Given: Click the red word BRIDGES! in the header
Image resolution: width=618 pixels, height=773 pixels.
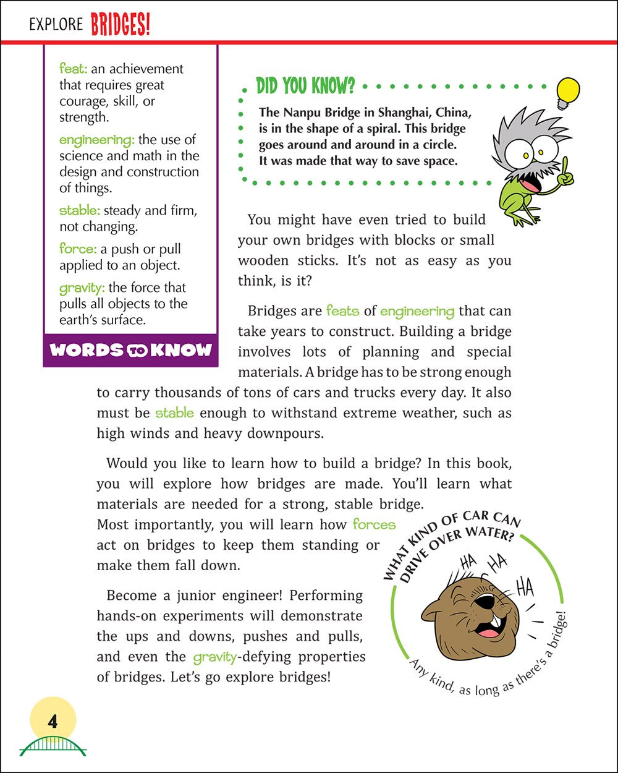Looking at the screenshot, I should [x=121, y=25].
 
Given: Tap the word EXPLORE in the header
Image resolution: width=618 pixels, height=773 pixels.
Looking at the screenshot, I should [x=56, y=25].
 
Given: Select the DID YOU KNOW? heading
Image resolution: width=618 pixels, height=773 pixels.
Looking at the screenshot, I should [x=305, y=87].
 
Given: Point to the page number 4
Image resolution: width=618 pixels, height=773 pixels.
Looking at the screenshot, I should [x=53, y=722].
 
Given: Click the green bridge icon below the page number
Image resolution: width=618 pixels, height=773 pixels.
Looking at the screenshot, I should [x=53, y=745].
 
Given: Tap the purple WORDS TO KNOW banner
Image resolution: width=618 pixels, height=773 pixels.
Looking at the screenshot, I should [x=130, y=350].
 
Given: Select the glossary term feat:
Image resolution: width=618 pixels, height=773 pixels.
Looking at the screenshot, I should [x=74, y=69].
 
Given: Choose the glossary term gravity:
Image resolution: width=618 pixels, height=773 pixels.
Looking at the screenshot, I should [x=82, y=288].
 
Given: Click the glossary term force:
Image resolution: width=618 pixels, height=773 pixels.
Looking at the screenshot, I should [x=77, y=249].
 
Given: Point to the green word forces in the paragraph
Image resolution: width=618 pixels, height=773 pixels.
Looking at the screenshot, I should [x=374, y=524].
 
